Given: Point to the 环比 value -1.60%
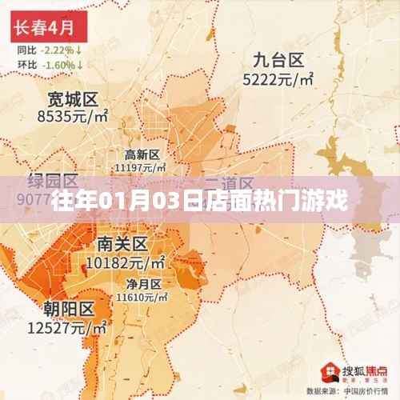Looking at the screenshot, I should tap(59, 64).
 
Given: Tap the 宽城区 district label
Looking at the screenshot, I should tap(73, 100).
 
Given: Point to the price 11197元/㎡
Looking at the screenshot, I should tap(141, 167).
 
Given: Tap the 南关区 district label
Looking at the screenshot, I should tap(122, 243).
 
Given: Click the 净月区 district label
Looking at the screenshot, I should tap(142, 283).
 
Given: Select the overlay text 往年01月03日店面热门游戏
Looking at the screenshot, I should tap(200, 199).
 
